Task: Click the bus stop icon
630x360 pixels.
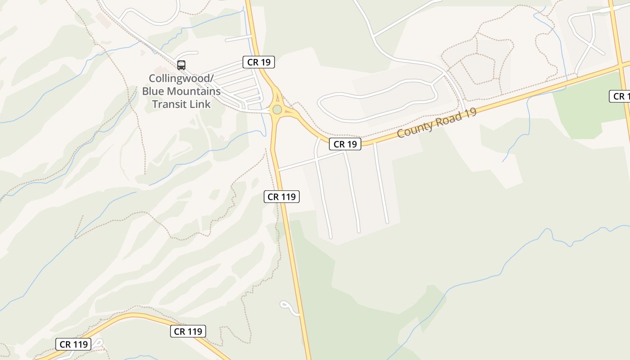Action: pos(181,65)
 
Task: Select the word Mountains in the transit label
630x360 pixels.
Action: pos(194,91)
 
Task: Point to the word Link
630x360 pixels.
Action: pos(200,104)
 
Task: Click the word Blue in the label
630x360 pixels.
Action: pos(153,91)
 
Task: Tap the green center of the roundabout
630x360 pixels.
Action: pos(277,109)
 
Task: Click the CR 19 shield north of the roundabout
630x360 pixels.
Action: pos(259,62)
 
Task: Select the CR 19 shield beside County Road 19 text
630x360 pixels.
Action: pos(345,144)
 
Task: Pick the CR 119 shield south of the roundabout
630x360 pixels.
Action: pos(282,196)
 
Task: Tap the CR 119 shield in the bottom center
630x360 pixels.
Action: pos(188,331)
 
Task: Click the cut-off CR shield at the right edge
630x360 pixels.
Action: pos(620,96)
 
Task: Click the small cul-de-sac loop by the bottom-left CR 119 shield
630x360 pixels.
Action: pos(98,343)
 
